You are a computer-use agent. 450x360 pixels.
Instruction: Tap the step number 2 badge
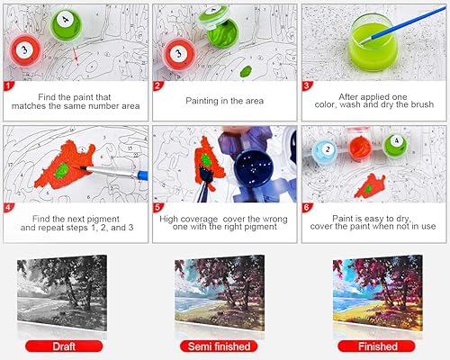[x=158, y=85]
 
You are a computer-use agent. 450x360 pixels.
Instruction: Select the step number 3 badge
[x=307, y=85]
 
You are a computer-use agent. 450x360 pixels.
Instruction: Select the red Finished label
[x=377, y=346]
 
